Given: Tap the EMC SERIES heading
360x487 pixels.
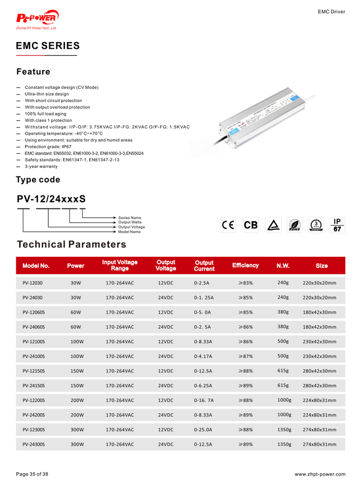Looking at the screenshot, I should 48,46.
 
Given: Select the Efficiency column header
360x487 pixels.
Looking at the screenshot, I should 245,265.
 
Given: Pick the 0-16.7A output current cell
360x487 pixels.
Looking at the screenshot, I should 204,400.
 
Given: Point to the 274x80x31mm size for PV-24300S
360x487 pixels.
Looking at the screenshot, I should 319,444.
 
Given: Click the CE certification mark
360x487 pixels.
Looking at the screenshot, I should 227,225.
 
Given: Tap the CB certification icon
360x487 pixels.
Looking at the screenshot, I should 250,225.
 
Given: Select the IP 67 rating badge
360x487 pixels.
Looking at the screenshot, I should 337,225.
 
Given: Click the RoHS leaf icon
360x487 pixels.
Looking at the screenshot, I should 294,225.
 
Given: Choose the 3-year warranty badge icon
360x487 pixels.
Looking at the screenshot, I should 316,225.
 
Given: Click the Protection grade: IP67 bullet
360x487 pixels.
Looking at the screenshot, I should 48,147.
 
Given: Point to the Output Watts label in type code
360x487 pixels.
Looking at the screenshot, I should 130,222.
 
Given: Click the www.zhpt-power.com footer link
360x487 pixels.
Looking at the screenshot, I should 320,474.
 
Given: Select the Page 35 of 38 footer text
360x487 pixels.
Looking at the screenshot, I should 32,474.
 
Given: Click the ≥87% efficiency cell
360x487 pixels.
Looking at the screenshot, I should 245,357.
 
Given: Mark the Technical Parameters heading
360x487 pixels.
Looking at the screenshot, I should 71,245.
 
